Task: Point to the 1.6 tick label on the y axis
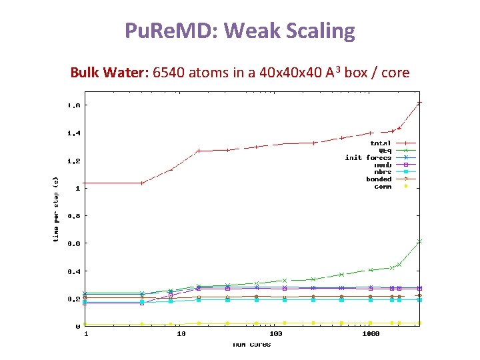pos(73,105)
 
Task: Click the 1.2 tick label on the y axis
pos(73,161)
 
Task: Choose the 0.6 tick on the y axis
pos(73,243)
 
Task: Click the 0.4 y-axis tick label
pos(73,271)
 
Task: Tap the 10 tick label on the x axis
pos(181,333)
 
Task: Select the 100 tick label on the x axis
pos(275,333)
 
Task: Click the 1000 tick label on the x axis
pos(371,333)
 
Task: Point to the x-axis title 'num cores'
pos(251,344)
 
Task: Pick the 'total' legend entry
pos(381,143)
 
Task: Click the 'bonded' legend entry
pos(379,179)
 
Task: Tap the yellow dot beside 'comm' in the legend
pos(405,187)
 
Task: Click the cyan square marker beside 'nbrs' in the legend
pos(405,172)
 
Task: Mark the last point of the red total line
pos(419,103)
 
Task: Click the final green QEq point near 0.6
pos(419,241)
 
